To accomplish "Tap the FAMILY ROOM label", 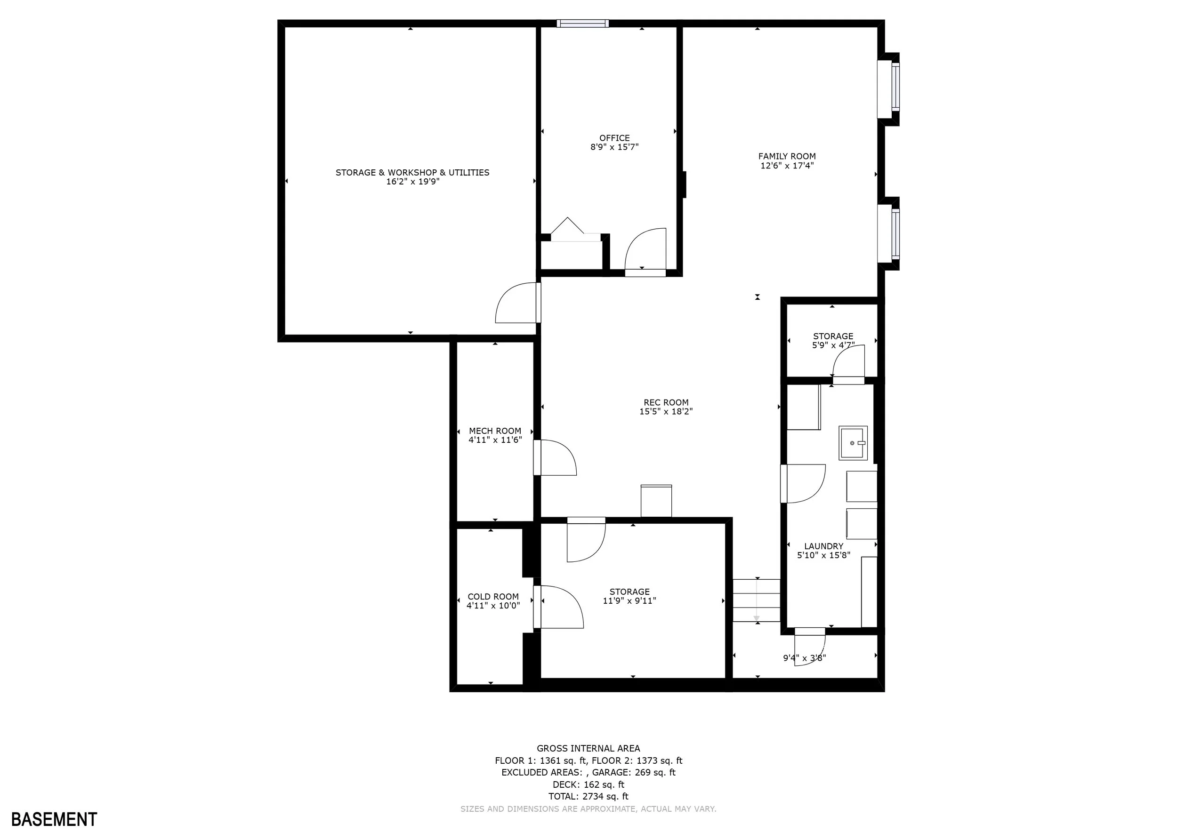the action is click(787, 156).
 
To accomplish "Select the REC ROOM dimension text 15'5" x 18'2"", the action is click(666, 411).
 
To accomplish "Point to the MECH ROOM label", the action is click(495, 431).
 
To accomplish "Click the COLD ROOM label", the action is click(493, 596).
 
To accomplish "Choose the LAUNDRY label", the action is click(823, 546).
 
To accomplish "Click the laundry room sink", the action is click(853, 443).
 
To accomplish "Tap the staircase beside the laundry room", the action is click(757, 600).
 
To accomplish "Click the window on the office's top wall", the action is click(583, 23).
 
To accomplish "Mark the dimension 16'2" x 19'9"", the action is click(413, 182).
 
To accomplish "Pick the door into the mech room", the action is click(555, 457).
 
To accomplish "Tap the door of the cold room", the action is click(559, 607).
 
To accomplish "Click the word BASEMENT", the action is click(54, 819).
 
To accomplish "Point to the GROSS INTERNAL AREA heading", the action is click(588, 749).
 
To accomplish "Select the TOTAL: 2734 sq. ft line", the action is click(588, 797).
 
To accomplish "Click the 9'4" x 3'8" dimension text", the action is click(804, 658).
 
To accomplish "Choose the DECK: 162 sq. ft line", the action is click(588, 784).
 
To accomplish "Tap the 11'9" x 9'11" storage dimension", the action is click(629, 601).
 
